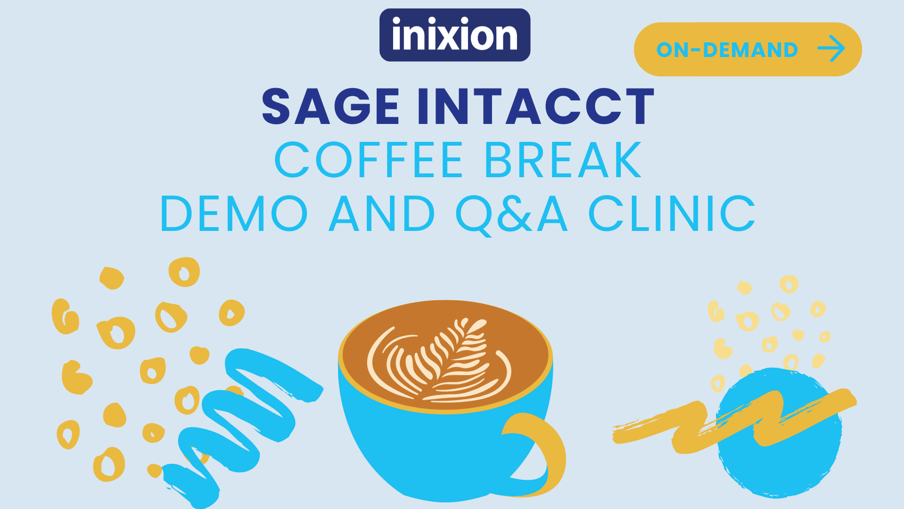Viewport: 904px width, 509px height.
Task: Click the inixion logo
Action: pos(455,35)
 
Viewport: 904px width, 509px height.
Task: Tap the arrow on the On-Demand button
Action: pos(831,49)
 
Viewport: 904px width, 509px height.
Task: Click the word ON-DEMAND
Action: pos(727,50)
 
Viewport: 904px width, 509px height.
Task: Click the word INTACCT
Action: pos(536,107)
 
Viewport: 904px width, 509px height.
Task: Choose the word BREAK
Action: pos(563,160)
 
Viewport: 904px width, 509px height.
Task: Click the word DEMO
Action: pos(234,214)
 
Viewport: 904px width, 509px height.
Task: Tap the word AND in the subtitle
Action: pos(382,214)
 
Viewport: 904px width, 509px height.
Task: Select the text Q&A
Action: pos(511,215)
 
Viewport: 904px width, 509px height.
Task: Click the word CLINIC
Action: pos(672,214)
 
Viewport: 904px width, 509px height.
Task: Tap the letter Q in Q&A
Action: pos(474,215)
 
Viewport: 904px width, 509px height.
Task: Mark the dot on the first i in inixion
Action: pos(396,21)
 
